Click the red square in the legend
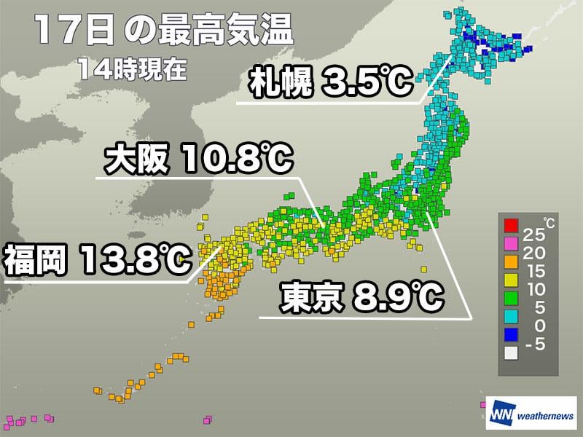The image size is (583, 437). (x=510, y=223)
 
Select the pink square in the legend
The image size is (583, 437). (x=510, y=241)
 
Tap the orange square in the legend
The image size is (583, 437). (x=510, y=260)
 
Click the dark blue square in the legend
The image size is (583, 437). (x=510, y=335)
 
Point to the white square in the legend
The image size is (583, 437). (x=510, y=354)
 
